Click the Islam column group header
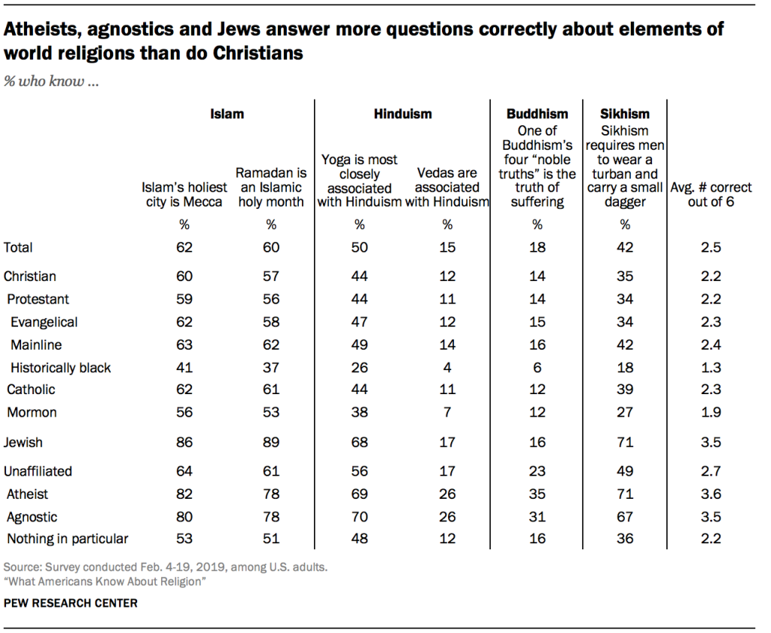(227, 115)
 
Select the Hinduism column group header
(403, 115)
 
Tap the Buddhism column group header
(537, 115)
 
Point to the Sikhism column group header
(624, 115)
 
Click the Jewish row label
(23, 442)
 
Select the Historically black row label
(60, 368)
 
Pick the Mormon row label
(32, 412)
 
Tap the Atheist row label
(28, 494)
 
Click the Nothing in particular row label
(68, 539)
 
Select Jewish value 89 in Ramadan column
(271, 442)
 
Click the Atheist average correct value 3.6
(711, 494)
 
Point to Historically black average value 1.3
(711, 368)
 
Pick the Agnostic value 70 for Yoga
(359, 517)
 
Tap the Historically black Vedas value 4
(447, 368)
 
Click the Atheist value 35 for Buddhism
(537, 494)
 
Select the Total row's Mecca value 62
(184, 247)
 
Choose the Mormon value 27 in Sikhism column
(624, 412)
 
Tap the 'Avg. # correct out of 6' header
(711, 194)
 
